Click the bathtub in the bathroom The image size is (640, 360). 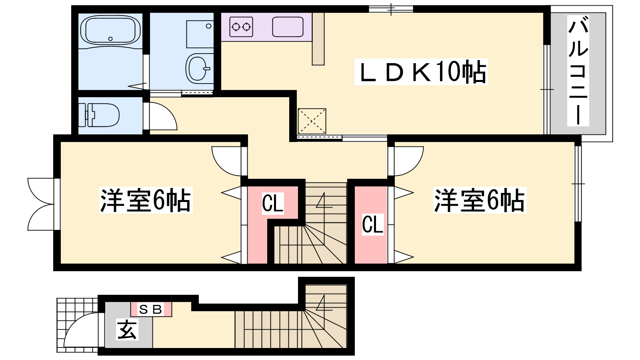click(x=110, y=30)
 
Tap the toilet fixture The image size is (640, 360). click(x=100, y=115)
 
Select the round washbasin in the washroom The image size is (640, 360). click(x=198, y=68)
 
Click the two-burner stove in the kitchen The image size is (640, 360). click(x=241, y=27)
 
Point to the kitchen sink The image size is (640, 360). click(x=287, y=27)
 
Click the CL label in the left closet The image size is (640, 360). click(x=273, y=203)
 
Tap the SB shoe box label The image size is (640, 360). click(x=151, y=309)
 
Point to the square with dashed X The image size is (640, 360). click(x=312, y=121)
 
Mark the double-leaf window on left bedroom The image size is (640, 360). click(x=41, y=204)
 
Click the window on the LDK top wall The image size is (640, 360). click(x=391, y=9)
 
